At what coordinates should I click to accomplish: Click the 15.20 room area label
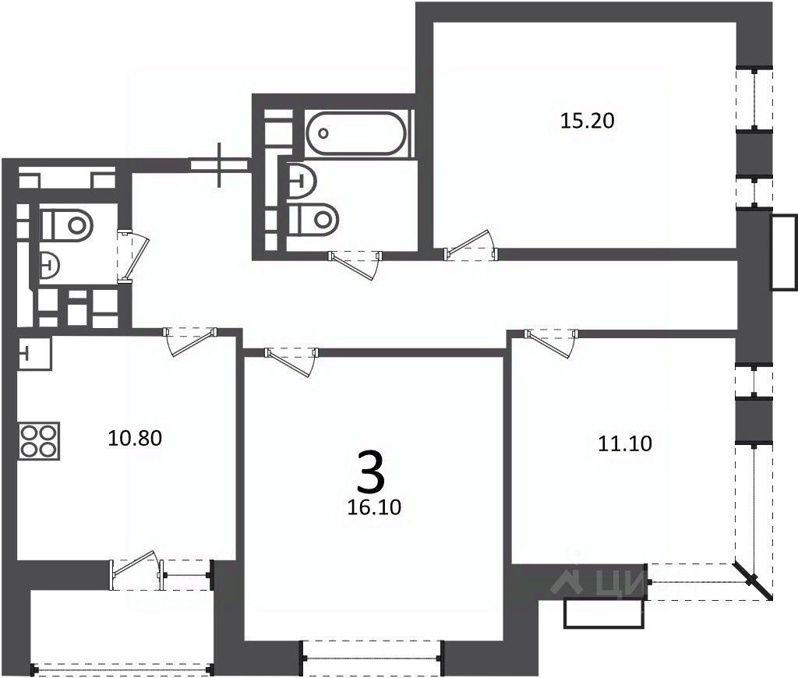588,121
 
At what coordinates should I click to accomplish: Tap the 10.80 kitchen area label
135,439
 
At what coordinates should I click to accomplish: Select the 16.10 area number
375,508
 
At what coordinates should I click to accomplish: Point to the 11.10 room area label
625,444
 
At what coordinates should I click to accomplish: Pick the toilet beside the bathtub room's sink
313,218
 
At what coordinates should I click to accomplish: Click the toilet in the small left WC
67,225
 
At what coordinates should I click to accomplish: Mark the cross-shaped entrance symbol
221,164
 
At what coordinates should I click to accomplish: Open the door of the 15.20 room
470,246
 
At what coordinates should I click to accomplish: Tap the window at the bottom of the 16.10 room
371,659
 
